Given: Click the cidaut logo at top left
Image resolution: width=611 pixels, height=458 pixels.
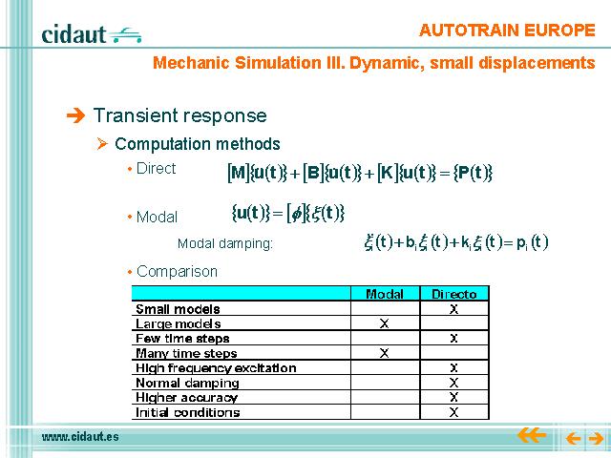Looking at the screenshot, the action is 92,34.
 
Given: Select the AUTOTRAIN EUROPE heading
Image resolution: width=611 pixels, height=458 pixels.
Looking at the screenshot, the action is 507,31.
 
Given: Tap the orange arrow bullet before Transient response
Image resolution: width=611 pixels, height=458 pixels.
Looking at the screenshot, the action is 75,115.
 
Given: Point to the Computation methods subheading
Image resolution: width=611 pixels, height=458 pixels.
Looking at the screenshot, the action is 198,144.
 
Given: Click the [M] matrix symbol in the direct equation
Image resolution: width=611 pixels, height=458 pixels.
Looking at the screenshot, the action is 238,173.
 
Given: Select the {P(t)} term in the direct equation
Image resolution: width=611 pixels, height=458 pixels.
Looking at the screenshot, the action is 473,173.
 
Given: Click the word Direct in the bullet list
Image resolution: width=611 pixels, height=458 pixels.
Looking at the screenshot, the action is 157,169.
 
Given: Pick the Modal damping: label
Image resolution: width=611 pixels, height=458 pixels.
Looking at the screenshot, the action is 225,244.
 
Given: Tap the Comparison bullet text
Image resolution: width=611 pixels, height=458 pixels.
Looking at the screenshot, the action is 177,271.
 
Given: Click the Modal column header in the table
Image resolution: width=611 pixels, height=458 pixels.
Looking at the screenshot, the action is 385,294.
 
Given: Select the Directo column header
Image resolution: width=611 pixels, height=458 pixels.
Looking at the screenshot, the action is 454,294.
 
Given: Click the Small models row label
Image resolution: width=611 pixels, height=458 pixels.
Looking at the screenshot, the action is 178,309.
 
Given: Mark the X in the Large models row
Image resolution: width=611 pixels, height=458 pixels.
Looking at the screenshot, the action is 384,323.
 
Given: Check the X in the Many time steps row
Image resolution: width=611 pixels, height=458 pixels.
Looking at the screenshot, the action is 384,353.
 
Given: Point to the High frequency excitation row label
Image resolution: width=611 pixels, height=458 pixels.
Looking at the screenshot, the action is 216,368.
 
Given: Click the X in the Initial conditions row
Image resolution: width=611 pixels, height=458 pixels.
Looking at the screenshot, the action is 453,412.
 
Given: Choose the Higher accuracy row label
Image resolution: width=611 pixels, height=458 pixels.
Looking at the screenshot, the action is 187,398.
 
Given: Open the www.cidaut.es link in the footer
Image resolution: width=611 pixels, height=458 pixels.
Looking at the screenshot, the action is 80,437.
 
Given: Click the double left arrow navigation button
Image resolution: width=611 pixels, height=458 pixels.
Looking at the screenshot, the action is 532,435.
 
